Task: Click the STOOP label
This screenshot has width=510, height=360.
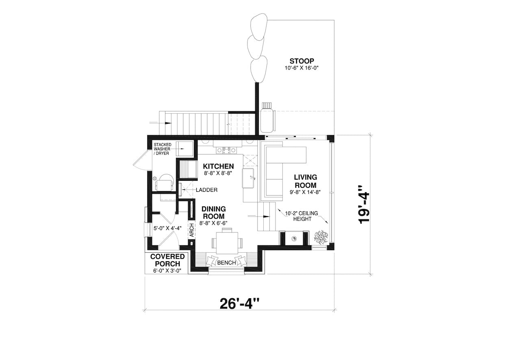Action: [x=302, y=61]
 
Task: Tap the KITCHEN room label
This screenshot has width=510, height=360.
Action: [x=218, y=166]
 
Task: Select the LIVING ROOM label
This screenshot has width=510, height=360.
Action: [x=305, y=181]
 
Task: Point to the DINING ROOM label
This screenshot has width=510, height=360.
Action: [x=214, y=213]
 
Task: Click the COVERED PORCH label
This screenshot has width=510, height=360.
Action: [x=167, y=260]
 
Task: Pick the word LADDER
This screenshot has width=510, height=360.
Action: [x=206, y=190]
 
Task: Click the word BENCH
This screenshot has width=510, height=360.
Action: [x=226, y=263]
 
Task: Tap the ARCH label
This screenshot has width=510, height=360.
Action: [x=192, y=230]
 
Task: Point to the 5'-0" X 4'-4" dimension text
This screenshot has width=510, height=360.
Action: [x=167, y=228]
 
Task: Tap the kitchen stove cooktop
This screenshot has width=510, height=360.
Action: [x=226, y=150]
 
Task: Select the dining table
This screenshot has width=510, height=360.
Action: [x=227, y=243]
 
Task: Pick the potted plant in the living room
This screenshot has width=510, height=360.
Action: [x=321, y=237]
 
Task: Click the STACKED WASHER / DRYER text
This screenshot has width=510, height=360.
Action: [x=162, y=149]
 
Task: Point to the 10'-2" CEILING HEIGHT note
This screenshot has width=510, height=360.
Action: [x=302, y=216]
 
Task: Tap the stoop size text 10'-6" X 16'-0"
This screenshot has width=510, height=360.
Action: [x=301, y=68]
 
